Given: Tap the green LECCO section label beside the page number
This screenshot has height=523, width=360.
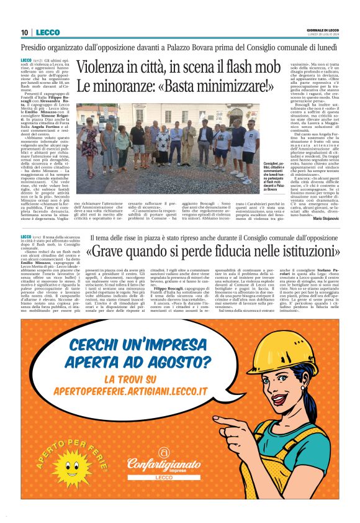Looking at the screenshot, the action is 48,32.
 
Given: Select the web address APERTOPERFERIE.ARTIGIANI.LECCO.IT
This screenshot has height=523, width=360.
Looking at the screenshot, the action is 130,393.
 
